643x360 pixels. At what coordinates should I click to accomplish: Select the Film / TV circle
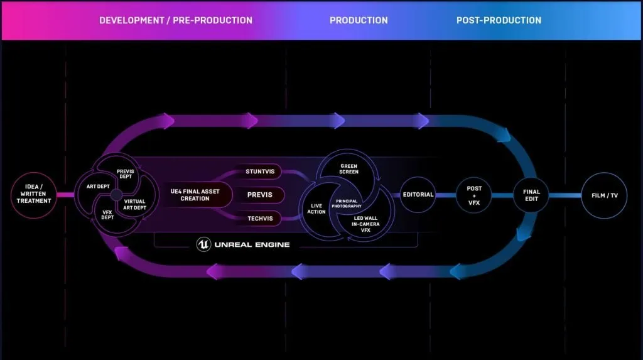pos(605,195)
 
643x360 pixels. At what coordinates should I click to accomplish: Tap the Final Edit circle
pos(531,195)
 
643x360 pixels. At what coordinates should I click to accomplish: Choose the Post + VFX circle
pos(474,195)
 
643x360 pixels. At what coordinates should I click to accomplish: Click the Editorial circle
pos(418,195)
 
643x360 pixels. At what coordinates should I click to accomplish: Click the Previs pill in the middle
pos(260,195)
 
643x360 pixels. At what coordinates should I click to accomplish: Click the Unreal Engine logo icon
pos(203,244)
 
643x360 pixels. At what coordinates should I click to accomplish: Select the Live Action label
pos(316,209)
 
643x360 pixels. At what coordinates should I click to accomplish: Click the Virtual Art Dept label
pos(134,205)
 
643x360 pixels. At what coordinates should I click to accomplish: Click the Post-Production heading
pos(499,20)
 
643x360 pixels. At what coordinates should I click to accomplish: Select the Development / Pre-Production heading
pos(176,20)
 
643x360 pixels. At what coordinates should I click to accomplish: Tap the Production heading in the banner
pos(359,20)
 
